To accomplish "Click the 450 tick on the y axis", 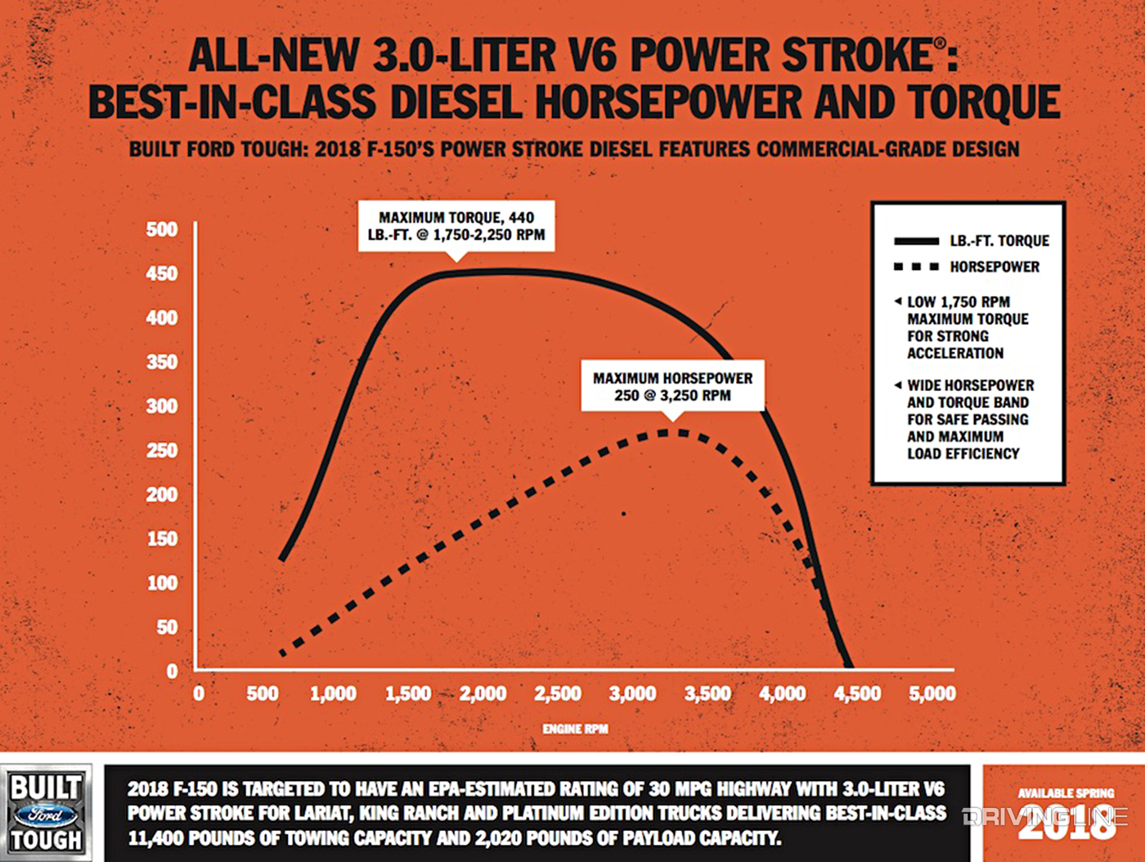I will [x=162, y=274].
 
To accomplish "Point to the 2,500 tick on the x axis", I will [x=558, y=694].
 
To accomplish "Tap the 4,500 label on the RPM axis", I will [x=857, y=694].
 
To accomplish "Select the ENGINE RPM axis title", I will [x=575, y=729].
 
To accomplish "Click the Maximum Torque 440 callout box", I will [x=456, y=226].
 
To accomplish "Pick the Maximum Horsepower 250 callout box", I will [x=672, y=386].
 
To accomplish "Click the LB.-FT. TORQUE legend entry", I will [x=971, y=241].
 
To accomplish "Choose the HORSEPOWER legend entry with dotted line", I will [x=966, y=267].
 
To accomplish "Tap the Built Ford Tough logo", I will [x=46, y=814].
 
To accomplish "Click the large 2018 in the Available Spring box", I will [x=1066, y=824].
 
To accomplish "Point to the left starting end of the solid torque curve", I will [x=282, y=559].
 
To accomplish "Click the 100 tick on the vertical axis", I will [x=162, y=583].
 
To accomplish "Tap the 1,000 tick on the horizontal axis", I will [x=333, y=694].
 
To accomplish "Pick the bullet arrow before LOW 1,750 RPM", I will [x=898, y=302].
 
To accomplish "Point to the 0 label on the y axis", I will [x=172, y=671].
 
